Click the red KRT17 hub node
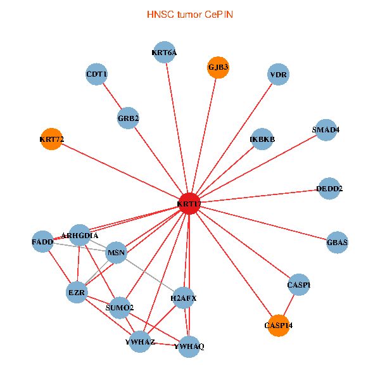(x=189, y=203)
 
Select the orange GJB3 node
(x=218, y=67)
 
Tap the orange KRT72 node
(x=51, y=139)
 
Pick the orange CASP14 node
(x=278, y=325)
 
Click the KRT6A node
(x=165, y=53)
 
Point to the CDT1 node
(x=97, y=75)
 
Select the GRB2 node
(x=129, y=118)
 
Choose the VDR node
(x=279, y=75)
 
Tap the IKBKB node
(x=262, y=139)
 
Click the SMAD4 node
(x=326, y=130)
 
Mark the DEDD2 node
(x=329, y=188)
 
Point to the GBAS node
(x=337, y=242)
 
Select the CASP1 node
(x=299, y=285)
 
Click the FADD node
(x=42, y=242)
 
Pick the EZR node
(x=77, y=292)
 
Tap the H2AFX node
(x=183, y=298)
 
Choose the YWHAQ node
(x=189, y=346)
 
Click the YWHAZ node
(x=140, y=342)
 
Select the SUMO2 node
(x=120, y=308)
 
